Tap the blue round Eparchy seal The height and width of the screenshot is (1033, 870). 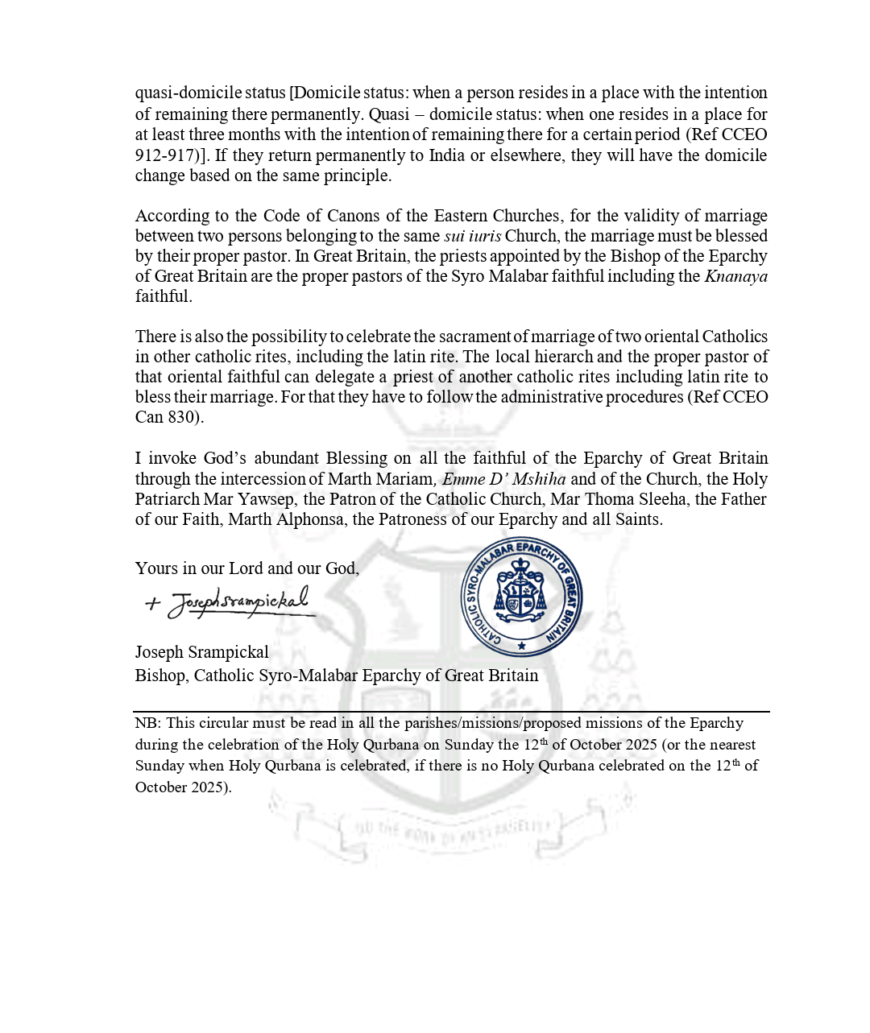pyautogui.click(x=521, y=597)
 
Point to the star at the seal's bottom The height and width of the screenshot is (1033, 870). pyautogui.click(x=522, y=645)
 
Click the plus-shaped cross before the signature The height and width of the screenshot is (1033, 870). pyautogui.click(x=152, y=603)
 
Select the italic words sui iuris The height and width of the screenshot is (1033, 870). pyautogui.click(x=472, y=236)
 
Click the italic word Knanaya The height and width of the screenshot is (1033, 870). pyautogui.click(x=735, y=276)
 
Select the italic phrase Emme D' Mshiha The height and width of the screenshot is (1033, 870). pyautogui.click(x=503, y=479)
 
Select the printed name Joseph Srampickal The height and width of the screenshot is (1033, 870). pyautogui.click(x=201, y=652)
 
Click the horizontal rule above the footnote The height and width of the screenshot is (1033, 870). pyautogui.click(x=451, y=712)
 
